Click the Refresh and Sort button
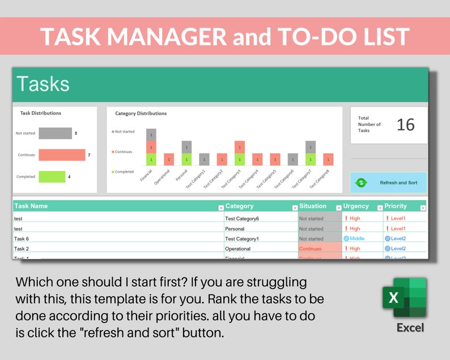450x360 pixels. tap(389, 183)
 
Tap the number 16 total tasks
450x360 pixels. tap(405, 125)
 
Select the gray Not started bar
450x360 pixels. tap(55, 133)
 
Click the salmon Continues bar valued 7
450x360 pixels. tap(61, 155)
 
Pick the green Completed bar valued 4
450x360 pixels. tap(52, 176)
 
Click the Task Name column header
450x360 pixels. tap(31, 206)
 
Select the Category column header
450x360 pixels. tap(239, 206)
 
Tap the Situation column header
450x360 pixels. tap(313, 206)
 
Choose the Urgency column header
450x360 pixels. tap(356, 206)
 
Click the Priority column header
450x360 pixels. tap(396, 206)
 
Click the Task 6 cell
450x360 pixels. tap(22, 239)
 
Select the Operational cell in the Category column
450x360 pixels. tap(237, 249)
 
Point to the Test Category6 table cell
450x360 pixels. tap(242, 218)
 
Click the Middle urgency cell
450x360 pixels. tap(357, 239)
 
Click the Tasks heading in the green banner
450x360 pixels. tap(43, 84)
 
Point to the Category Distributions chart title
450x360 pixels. tap(141, 113)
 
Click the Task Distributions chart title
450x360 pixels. tap(41, 113)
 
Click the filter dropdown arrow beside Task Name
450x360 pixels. tap(221, 207)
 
